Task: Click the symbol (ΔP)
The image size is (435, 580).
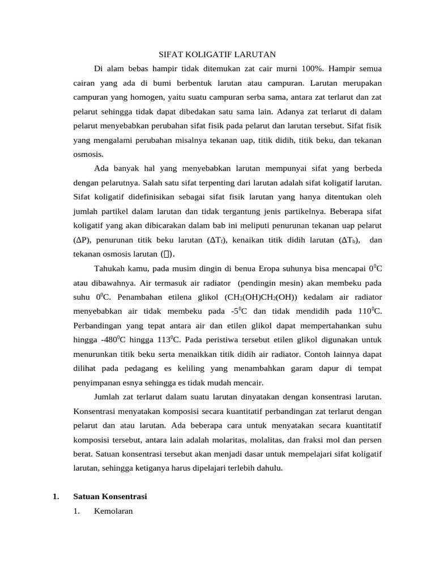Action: click(83, 240)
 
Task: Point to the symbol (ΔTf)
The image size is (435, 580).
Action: click(216, 240)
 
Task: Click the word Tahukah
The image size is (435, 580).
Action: click(109, 268)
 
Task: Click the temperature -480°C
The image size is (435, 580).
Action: click(113, 340)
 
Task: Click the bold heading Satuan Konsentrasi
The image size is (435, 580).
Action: click(110, 497)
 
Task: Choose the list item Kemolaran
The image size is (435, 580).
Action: click(113, 511)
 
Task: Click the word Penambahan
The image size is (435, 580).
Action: click(133, 297)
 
